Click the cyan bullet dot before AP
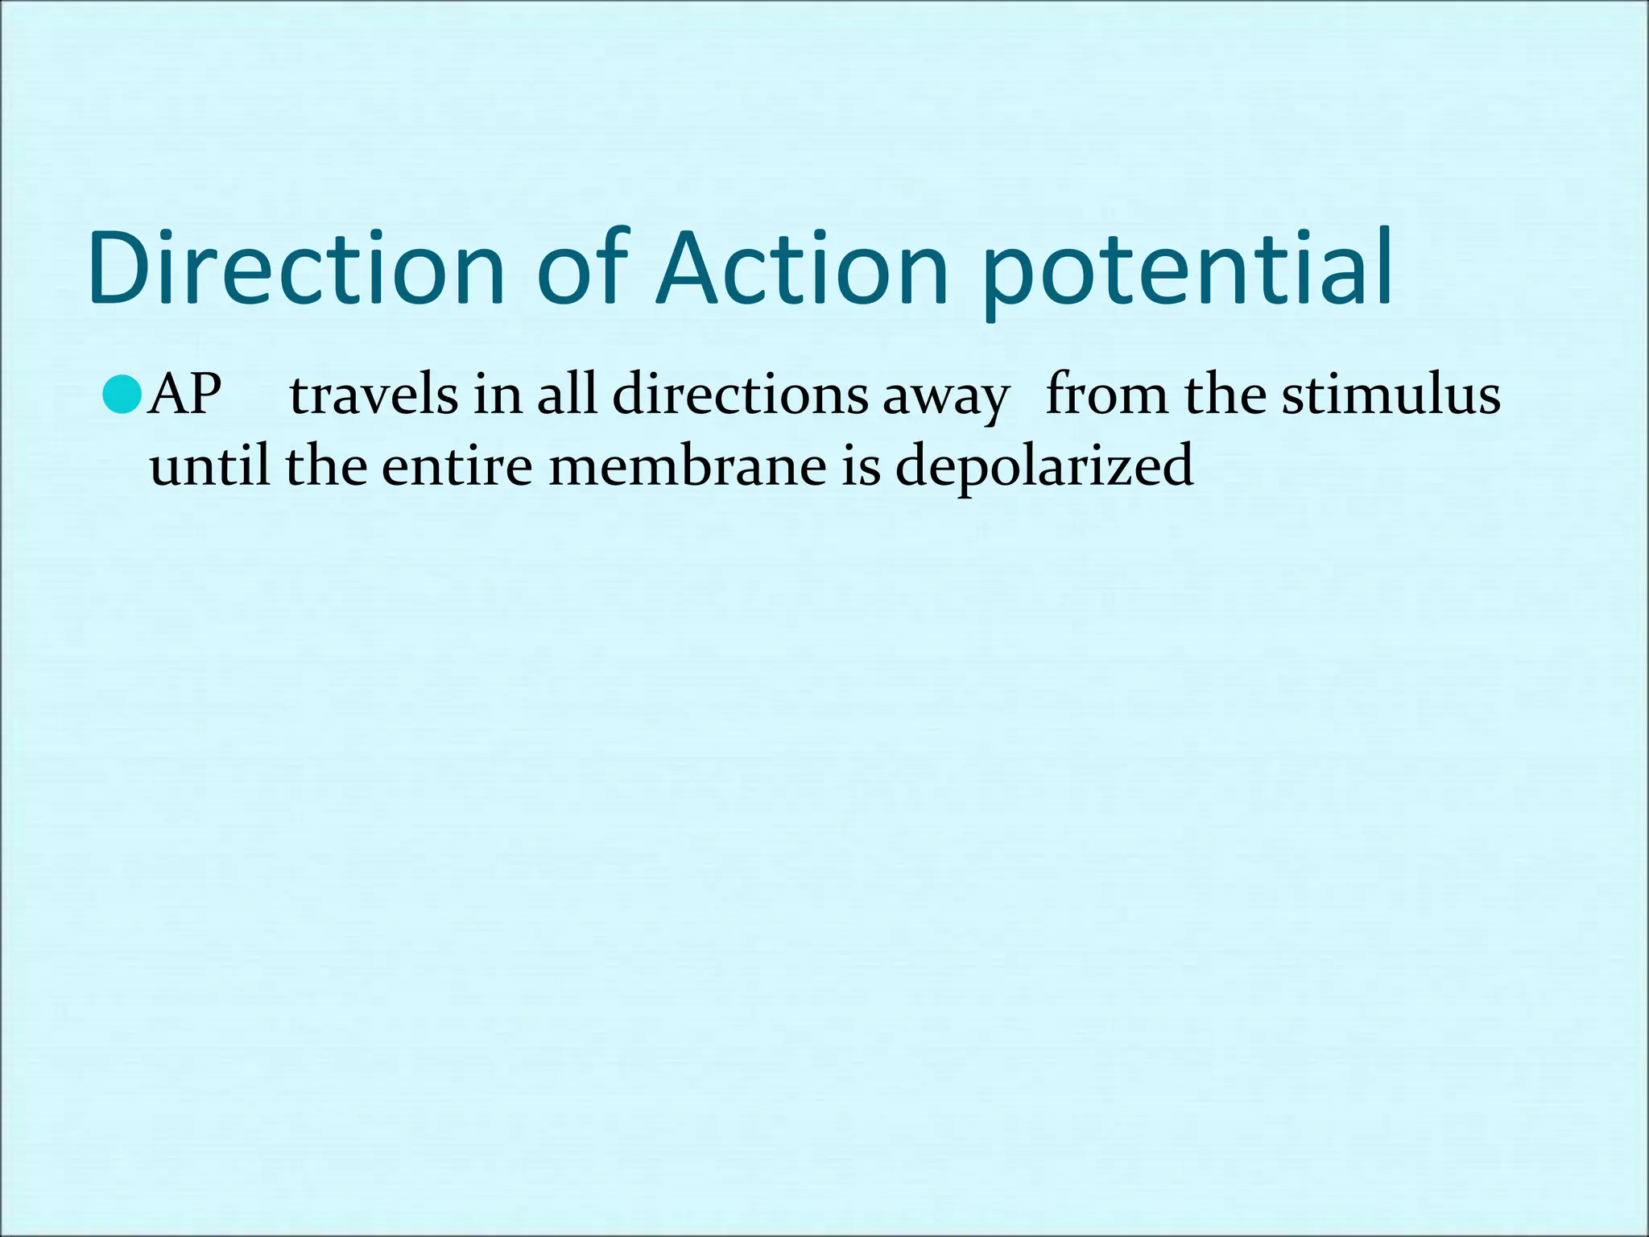click(122, 395)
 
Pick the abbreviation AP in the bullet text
click(185, 395)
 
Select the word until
click(209, 465)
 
